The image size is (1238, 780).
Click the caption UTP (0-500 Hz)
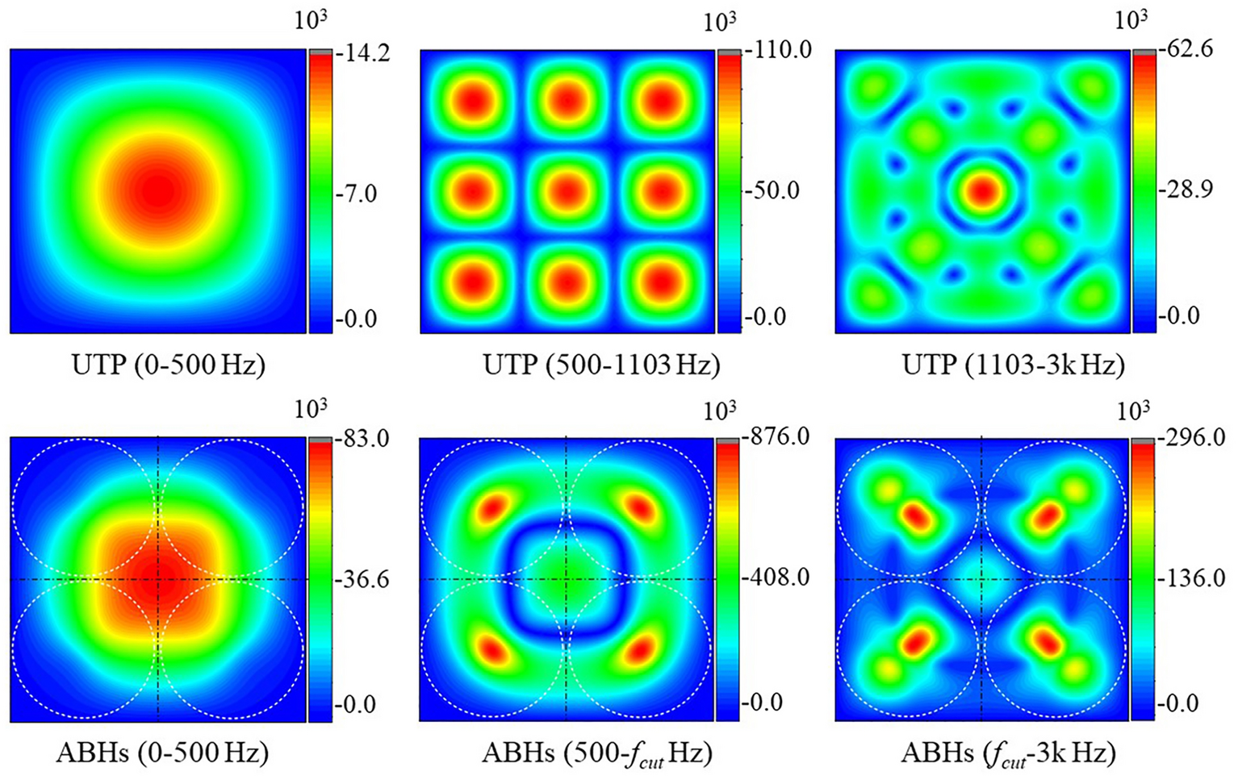pos(169,365)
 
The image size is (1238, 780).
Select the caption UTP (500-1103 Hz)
pos(600,365)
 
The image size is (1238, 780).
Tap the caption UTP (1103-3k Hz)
pos(1013,365)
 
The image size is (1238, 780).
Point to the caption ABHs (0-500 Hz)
pos(162,753)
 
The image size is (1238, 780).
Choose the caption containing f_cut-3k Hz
pos(1008,753)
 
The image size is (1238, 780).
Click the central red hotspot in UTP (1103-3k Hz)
pos(983,191)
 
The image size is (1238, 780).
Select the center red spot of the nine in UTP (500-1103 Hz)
pos(568,192)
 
